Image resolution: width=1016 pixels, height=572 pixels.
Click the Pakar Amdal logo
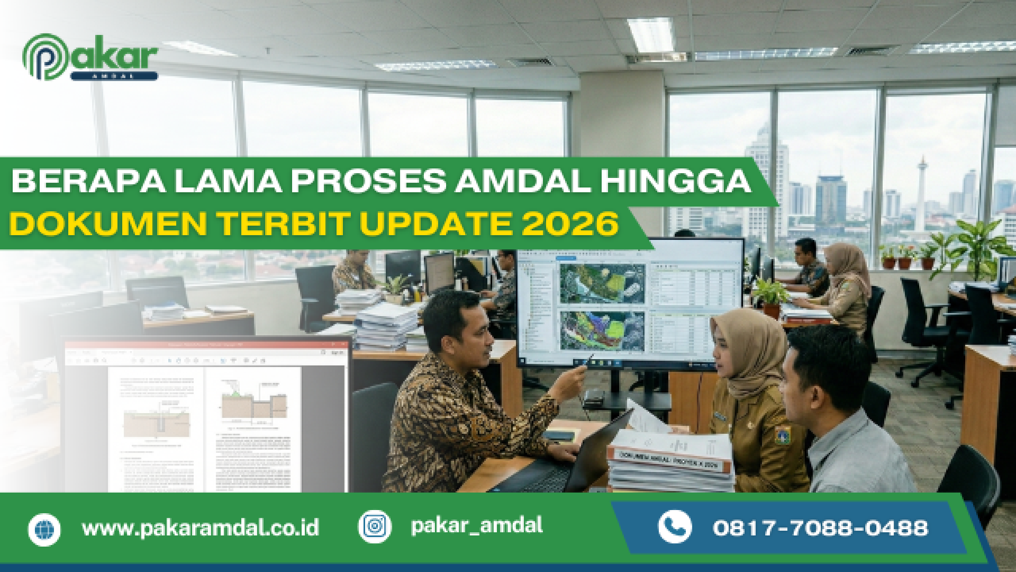(90, 57)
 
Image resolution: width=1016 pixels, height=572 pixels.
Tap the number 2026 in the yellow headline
(570, 224)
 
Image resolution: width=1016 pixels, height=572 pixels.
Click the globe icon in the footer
(44, 529)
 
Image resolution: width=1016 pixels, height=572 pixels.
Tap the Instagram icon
(375, 526)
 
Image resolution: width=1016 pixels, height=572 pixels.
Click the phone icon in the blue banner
(675, 527)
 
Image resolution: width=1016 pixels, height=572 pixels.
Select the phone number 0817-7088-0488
(820, 528)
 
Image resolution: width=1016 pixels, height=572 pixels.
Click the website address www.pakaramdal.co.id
(200, 528)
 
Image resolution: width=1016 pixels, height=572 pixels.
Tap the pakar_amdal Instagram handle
(476, 525)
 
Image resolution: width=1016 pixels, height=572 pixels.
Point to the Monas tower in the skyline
(922, 191)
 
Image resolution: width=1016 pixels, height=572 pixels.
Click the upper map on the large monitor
(602, 283)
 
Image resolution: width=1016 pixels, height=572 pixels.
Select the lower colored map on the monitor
(602, 331)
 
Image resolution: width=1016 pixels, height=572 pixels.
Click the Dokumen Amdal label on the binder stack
(668, 460)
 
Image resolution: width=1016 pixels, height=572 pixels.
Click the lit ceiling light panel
(651, 34)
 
